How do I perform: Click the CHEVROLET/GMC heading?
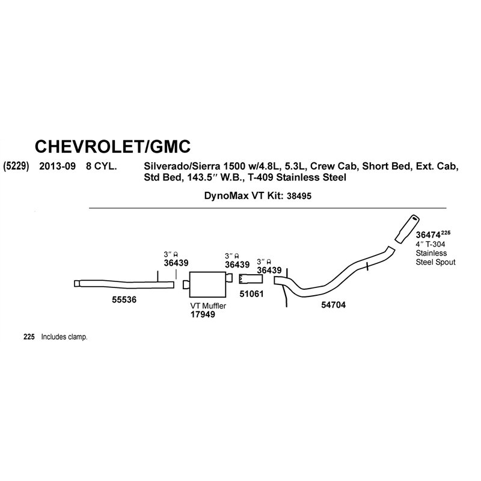click(112, 146)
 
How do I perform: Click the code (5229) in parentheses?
click(16, 167)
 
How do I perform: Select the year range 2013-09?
click(57, 167)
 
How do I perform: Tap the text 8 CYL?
click(101, 167)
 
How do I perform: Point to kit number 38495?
click(299, 196)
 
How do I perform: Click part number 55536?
click(124, 299)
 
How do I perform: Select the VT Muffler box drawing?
click(207, 284)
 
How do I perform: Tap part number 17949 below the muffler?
click(203, 314)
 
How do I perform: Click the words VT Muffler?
click(208, 306)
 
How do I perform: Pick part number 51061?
click(251, 294)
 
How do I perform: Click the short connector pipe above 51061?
click(251, 279)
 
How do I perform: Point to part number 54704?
click(334, 305)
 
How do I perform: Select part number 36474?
click(428, 235)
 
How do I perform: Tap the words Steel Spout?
click(435, 262)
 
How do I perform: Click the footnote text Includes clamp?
click(64, 337)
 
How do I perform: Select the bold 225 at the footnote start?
click(29, 337)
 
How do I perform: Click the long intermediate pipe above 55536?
click(124, 284)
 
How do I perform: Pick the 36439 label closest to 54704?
click(269, 270)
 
